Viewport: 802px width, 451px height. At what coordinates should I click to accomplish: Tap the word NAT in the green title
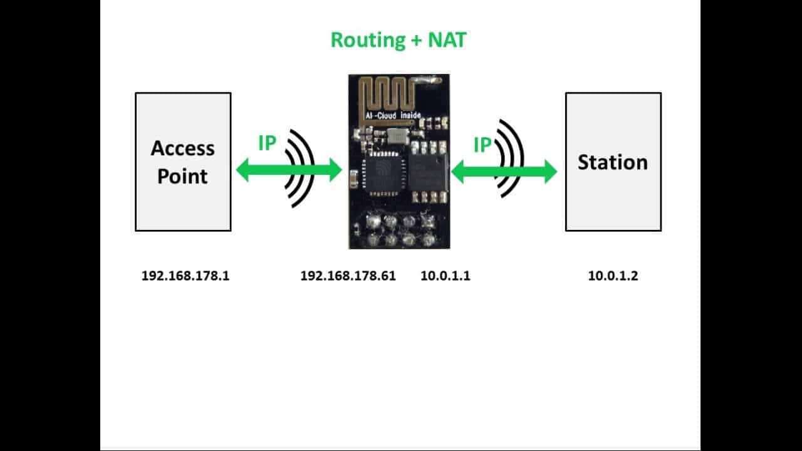coord(447,40)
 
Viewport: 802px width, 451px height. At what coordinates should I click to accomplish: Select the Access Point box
coord(183,162)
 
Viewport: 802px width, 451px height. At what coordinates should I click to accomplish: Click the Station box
coord(613,162)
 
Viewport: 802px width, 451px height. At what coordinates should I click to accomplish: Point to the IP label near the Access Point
coord(267,143)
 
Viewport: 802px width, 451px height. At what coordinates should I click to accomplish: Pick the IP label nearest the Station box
coord(482,145)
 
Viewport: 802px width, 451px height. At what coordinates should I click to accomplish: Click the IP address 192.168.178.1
coord(185,276)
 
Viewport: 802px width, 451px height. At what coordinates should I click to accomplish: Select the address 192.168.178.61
coord(348,276)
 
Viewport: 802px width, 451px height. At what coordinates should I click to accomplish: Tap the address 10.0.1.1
coord(445,276)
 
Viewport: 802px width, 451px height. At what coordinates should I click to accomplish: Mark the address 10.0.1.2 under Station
coord(613,276)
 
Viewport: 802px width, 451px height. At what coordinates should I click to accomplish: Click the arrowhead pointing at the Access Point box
coord(243,170)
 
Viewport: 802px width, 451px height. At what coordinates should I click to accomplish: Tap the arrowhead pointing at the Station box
coord(549,172)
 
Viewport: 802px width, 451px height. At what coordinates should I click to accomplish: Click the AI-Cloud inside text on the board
coord(393,115)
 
